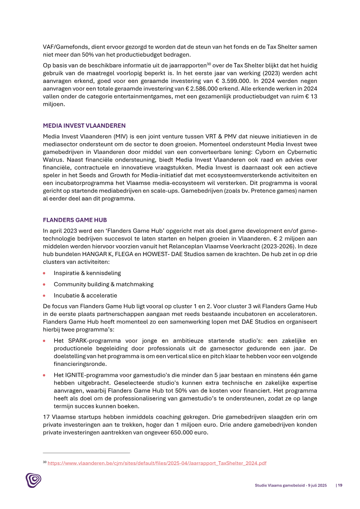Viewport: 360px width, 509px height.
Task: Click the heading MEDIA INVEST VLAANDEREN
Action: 84,126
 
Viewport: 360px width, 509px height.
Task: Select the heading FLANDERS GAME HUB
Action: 75,220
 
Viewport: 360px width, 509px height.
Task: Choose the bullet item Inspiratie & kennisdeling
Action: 87,273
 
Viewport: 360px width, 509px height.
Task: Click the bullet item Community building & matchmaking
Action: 103,284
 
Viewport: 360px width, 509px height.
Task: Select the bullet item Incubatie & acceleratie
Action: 85,296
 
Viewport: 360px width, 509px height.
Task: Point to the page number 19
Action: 340,485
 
